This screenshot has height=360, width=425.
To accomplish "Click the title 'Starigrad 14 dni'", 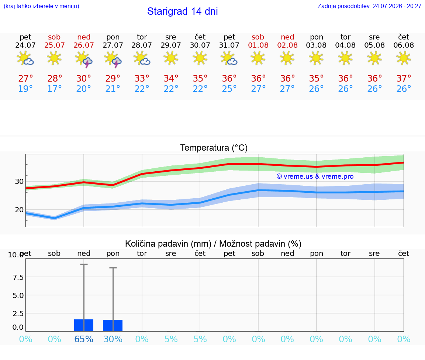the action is click(x=182, y=11).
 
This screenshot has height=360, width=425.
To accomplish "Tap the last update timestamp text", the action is click(x=369, y=6).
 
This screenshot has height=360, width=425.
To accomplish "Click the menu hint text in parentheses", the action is click(x=41, y=6).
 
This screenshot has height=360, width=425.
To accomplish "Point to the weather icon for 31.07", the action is click(x=229, y=59).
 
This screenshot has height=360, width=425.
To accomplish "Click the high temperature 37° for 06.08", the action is click(x=404, y=78).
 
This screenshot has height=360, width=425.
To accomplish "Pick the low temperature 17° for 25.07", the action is click(x=54, y=89).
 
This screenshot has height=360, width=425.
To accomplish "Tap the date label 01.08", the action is click(x=258, y=45).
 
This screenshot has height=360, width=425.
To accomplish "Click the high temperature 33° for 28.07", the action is click(x=142, y=78).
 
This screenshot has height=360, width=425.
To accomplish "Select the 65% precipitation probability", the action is click(x=84, y=339).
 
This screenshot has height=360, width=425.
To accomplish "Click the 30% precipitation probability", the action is click(x=113, y=339).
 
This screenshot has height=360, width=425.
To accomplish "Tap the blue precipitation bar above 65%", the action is click(x=84, y=325).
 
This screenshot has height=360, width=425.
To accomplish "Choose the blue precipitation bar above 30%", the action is click(x=113, y=326).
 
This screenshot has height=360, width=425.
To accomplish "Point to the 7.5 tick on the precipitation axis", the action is click(x=18, y=277).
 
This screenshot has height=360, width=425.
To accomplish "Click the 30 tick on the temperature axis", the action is click(x=19, y=181).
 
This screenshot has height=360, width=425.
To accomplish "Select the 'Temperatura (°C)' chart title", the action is click(x=214, y=148).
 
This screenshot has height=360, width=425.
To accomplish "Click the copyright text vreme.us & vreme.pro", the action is click(x=315, y=176).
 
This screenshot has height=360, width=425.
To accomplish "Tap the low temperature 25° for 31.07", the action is click(x=229, y=89).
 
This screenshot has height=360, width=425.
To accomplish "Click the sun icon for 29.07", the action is click(x=171, y=58).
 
